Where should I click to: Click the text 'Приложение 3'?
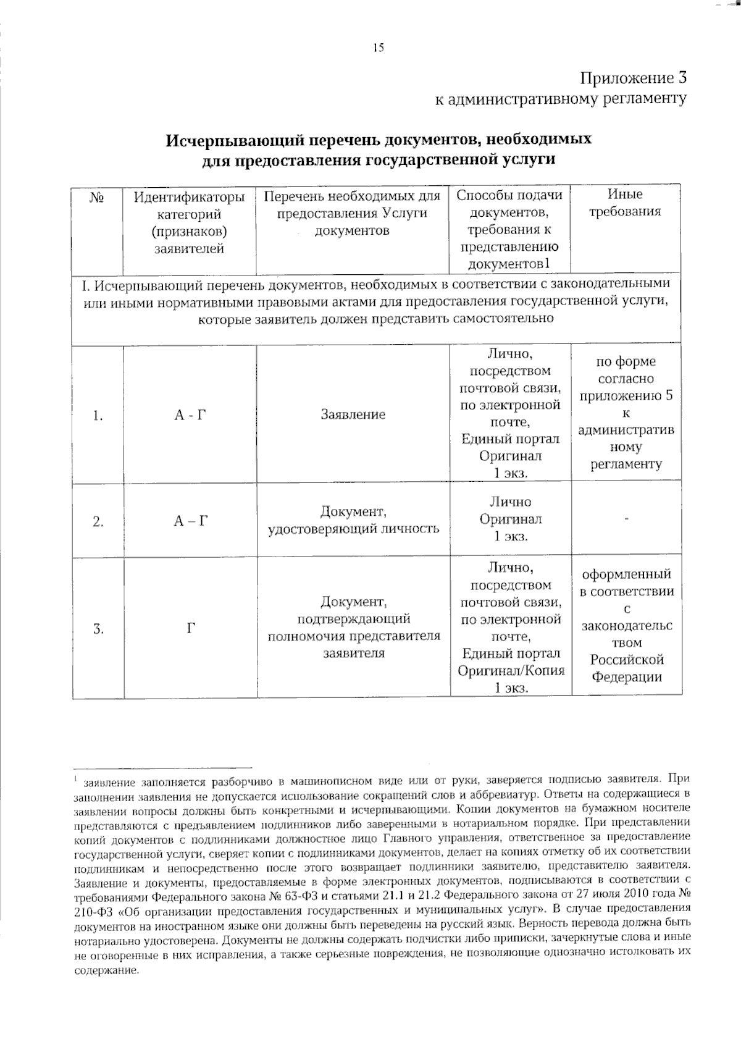click(x=634, y=78)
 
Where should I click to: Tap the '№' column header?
click(x=97, y=198)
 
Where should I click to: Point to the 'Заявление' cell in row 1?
click(x=353, y=414)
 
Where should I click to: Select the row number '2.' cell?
click(x=98, y=522)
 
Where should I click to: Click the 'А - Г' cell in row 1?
click(x=190, y=415)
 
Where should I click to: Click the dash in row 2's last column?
click(x=626, y=520)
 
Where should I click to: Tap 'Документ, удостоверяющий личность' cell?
click(x=353, y=520)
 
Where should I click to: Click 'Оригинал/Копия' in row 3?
click(x=511, y=670)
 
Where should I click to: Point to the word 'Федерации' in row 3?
click(x=627, y=677)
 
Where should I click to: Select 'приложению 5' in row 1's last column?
click(x=626, y=396)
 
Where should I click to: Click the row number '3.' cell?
click(x=98, y=629)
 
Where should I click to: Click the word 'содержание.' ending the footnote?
click(x=106, y=970)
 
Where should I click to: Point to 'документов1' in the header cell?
click(x=509, y=264)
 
